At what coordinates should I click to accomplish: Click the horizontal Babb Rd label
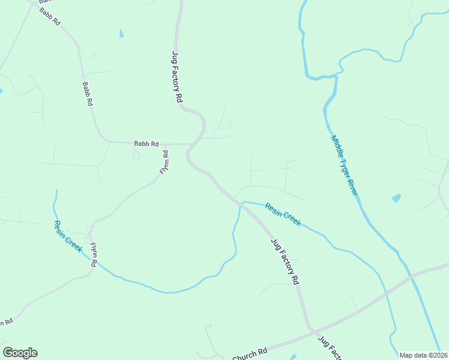146,144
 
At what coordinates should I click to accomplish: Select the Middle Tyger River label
344,165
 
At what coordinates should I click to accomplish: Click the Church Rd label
249,354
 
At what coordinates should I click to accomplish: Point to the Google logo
20,353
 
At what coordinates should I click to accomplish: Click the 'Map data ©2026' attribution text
423,355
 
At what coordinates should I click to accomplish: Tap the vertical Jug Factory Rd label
176,77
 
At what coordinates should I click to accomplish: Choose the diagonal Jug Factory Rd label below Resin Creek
285,260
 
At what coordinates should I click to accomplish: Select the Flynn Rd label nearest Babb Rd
164,163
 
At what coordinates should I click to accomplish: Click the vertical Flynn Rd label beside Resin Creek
94,254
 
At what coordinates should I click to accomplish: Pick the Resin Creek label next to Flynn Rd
67,236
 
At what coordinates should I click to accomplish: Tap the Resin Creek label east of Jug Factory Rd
283,215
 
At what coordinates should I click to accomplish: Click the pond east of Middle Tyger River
396,197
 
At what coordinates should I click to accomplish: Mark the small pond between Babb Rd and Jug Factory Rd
121,34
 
